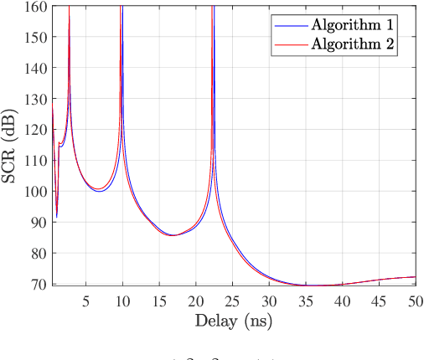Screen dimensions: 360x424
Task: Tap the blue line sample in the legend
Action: [x=287, y=24]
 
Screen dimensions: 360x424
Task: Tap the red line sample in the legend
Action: [x=287, y=44]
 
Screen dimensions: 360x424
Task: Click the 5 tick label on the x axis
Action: [x=86, y=300]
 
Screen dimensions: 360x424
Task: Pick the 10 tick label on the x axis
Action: [x=122, y=300]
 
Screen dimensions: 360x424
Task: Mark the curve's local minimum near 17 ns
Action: [x=173, y=235]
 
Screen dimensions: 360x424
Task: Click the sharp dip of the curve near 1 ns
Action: [x=57, y=217]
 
